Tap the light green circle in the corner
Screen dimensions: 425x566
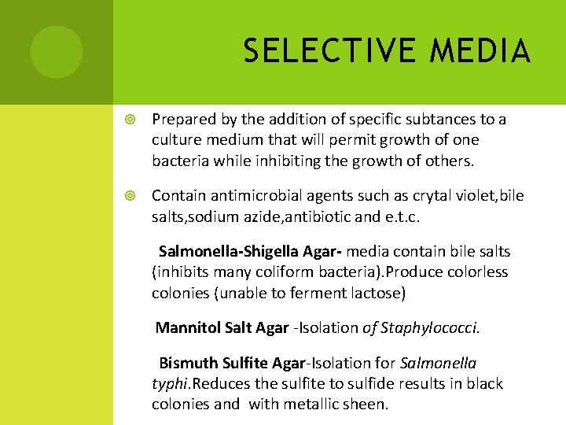click(57, 52)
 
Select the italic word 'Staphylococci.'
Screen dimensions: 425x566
click(429, 327)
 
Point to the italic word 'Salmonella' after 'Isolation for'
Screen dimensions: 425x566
click(438, 363)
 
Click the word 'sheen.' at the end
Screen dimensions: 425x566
click(366, 405)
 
